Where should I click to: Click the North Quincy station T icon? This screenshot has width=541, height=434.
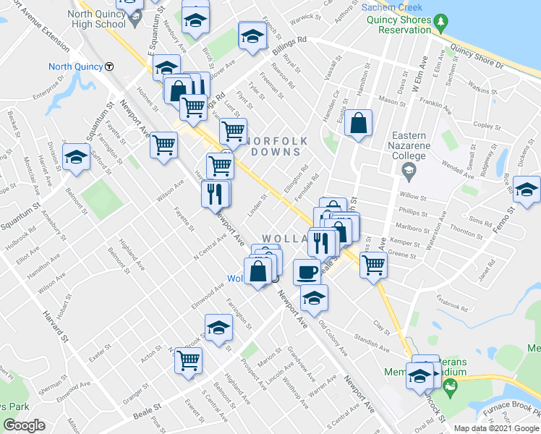[109, 67]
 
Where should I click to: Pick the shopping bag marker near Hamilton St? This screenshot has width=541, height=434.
[359, 124]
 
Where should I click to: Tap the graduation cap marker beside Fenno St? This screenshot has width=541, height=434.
[527, 190]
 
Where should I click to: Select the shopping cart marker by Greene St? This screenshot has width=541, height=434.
[373, 265]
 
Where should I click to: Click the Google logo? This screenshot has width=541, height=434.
[24, 425]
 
